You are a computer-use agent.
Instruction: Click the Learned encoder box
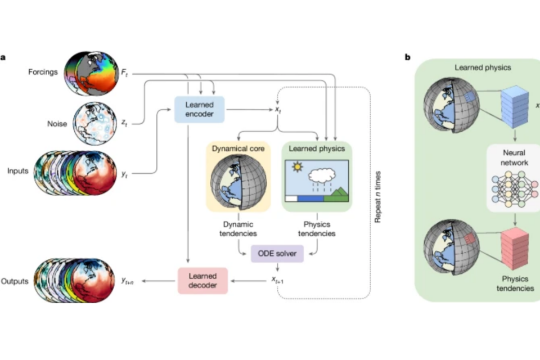coord(200,109)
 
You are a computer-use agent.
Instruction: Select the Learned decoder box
coord(202,280)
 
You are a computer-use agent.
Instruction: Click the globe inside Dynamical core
coord(238,179)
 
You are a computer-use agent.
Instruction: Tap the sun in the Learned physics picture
coord(296,168)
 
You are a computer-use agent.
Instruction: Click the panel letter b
coord(408,57)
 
